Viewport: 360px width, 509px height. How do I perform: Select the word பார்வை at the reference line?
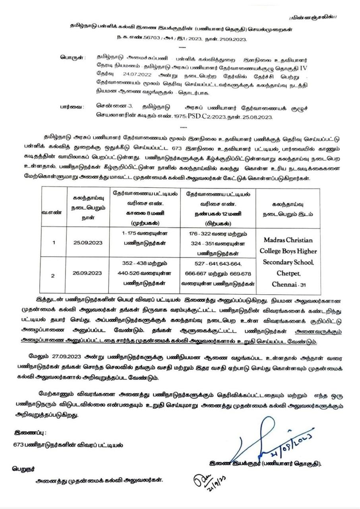click(x=72, y=107)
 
